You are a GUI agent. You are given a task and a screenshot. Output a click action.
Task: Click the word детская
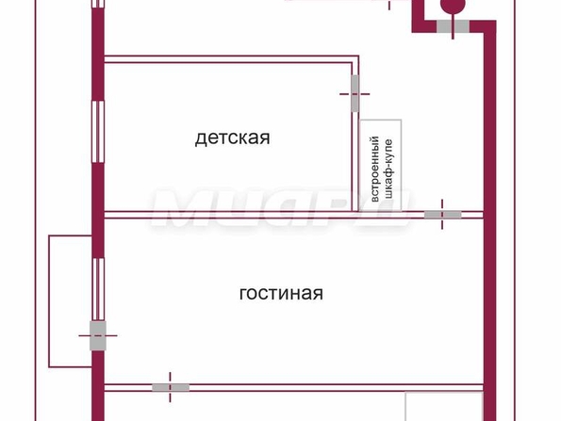[x=233, y=138]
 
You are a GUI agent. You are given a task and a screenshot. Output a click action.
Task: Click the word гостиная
[x=281, y=293]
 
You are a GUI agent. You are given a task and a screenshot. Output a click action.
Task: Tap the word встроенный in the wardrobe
[x=375, y=169]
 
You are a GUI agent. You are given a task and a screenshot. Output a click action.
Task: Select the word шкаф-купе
[x=388, y=169]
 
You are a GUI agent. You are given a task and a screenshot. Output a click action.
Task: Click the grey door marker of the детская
[x=355, y=93]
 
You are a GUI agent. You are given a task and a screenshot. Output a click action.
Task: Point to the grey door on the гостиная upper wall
[x=442, y=215]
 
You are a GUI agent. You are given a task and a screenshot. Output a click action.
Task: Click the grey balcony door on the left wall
[x=98, y=335]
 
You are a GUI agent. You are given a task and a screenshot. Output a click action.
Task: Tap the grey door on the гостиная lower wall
[x=171, y=387]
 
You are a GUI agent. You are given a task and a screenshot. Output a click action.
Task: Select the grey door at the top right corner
[x=453, y=26]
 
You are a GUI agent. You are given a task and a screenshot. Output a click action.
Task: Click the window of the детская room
[x=98, y=132]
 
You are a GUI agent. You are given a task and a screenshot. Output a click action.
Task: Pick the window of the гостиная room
[x=98, y=289]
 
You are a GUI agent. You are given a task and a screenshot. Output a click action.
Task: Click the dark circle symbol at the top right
[x=453, y=6]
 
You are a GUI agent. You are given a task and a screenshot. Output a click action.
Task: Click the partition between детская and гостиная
[x=293, y=215]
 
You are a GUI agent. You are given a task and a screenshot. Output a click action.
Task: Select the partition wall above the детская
[x=231, y=59]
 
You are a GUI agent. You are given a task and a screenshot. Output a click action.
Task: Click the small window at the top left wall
[x=98, y=4]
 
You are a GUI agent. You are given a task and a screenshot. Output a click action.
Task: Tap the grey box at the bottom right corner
[x=444, y=407]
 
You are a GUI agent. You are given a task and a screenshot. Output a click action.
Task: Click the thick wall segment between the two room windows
[x=98, y=210]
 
